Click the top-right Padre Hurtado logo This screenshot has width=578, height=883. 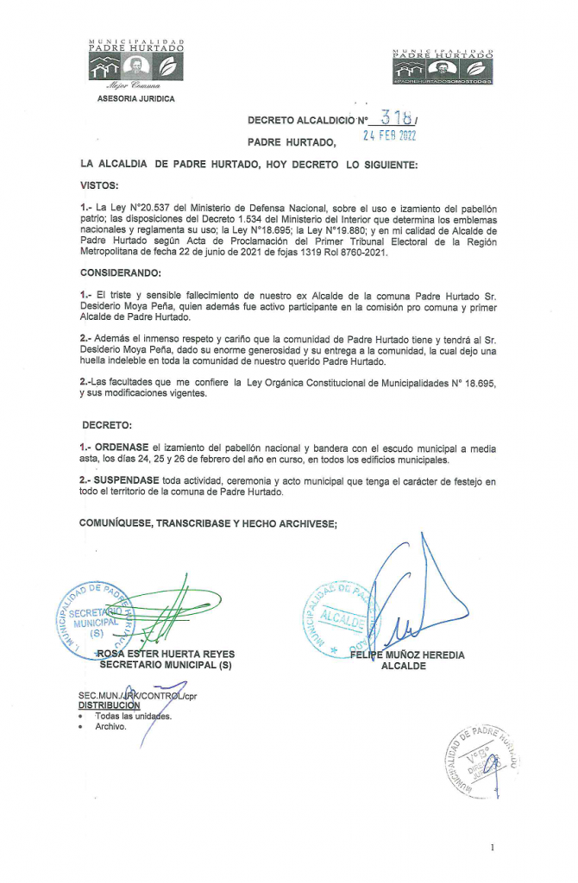click(443, 66)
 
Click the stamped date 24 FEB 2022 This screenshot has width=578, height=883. click(388, 138)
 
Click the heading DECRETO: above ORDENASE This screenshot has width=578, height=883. click(108, 425)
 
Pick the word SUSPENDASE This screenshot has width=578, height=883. click(127, 480)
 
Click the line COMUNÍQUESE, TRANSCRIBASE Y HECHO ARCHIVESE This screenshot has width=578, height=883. click(208, 523)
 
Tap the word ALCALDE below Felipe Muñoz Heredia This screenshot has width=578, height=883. click(405, 666)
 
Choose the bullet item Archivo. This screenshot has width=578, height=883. click(110, 726)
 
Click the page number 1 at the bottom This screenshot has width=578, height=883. click(492, 848)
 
